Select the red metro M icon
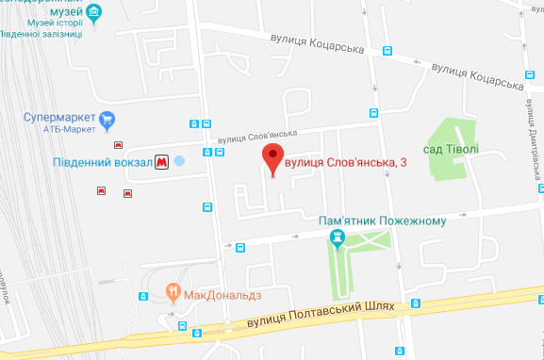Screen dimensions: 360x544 [162, 162]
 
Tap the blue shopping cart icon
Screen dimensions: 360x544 [107, 120]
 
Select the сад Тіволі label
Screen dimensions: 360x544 [452, 149]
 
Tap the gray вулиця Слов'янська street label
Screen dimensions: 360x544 [257, 138]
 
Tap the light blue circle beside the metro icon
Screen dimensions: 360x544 [180, 162]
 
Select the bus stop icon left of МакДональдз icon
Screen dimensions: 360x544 [142, 296]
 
